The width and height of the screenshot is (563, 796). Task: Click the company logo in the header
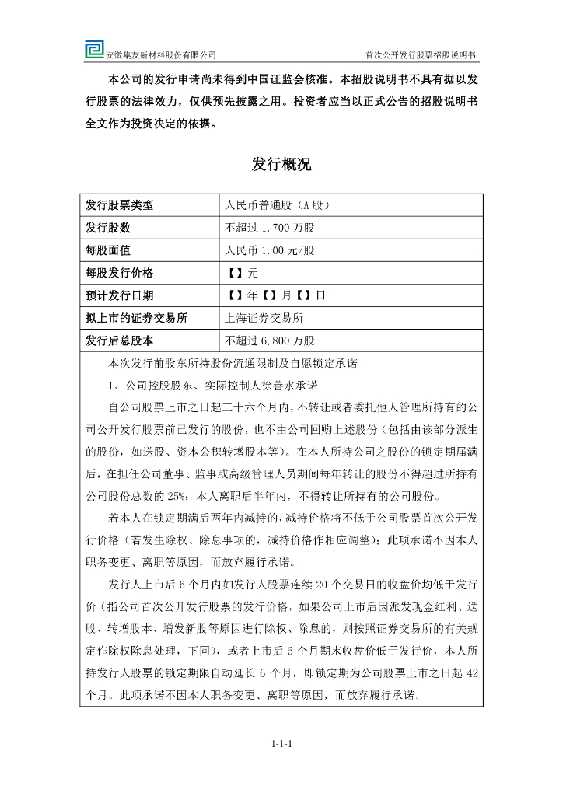coord(94,50)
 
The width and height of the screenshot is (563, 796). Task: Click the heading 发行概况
coord(281,164)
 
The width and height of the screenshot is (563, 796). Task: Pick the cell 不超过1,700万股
coord(269,229)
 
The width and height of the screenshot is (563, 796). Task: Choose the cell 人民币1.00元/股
coord(270,250)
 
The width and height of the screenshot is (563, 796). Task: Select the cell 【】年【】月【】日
coord(275,295)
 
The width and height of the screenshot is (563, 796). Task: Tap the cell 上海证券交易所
coord(264,318)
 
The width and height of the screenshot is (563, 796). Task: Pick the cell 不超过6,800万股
coord(269,340)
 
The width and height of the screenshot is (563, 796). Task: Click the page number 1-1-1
coord(281,744)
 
